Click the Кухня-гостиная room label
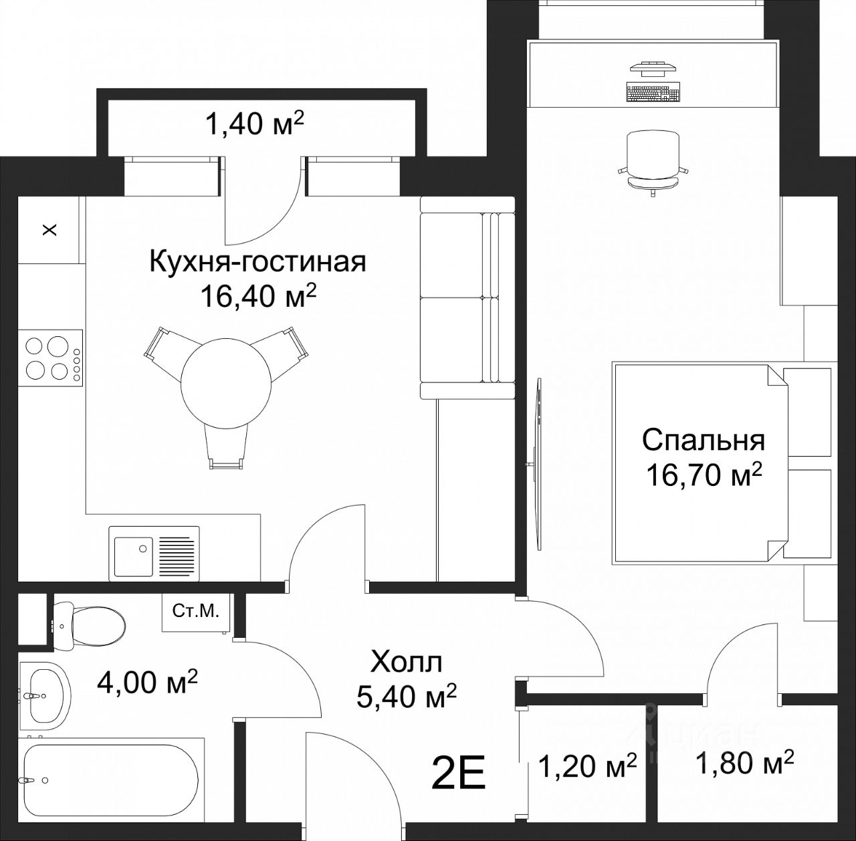pos(257,262)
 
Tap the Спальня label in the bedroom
pos(704,441)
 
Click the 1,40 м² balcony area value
pos(254,124)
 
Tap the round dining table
pos(226,382)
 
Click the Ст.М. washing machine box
pos(196,612)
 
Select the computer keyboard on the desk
pos(653,93)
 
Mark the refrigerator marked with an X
pos(49,230)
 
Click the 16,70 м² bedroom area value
pos(704,475)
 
